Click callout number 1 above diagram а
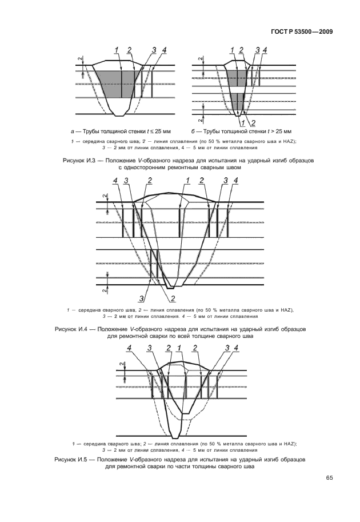tap(117, 50)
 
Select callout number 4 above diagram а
tap(165, 50)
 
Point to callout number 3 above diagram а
tap(155, 50)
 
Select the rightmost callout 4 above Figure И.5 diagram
tap(237, 348)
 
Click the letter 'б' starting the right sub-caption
tap(193, 132)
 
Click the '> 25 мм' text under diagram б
tap(281, 132)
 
